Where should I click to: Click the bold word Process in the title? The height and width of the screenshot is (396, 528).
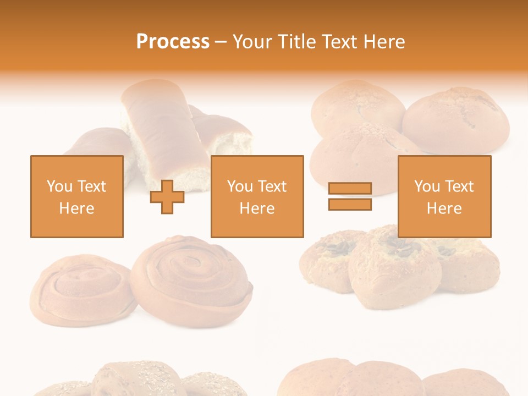click(173, 42)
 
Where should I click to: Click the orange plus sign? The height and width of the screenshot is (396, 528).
click(167, 196)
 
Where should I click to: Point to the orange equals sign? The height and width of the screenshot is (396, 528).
click(350, 196)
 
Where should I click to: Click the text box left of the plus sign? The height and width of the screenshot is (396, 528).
click(77, 196)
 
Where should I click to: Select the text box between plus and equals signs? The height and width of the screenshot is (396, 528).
click(257, 196)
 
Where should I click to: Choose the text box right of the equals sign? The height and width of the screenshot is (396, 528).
click(444, 196)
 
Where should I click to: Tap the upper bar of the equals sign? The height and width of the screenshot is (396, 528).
click(350, 189)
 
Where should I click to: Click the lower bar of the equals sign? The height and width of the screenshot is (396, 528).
click(350, 204)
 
